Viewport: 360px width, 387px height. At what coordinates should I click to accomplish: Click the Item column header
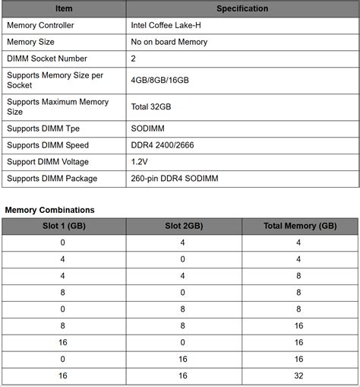click(x=64, y=9)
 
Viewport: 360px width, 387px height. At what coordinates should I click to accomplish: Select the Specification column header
click(x=242, y=9)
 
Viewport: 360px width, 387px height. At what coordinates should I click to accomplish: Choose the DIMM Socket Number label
click(x=46, y=59)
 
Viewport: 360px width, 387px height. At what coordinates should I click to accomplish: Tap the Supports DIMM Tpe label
click(x=43, y=128)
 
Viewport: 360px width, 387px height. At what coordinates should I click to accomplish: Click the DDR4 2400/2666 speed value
click(x=164, y=145)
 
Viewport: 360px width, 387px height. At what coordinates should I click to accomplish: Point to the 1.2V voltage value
click(x=141, y=162)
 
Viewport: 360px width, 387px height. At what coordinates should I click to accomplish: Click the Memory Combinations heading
click(x=50, y=209)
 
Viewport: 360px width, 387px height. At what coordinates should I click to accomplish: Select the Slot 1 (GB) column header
click(x=62, y=226)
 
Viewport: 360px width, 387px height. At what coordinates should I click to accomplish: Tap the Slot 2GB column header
click(x=183, y=226)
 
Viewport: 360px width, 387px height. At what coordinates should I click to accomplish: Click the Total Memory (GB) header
click(x=299, y=226)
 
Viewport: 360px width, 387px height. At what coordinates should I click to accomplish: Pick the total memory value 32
click(x=298, y=376)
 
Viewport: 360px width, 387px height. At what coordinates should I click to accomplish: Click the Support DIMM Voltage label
click(x=48, y=162)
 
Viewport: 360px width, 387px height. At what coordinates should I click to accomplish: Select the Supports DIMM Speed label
click(x=47, y=145)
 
